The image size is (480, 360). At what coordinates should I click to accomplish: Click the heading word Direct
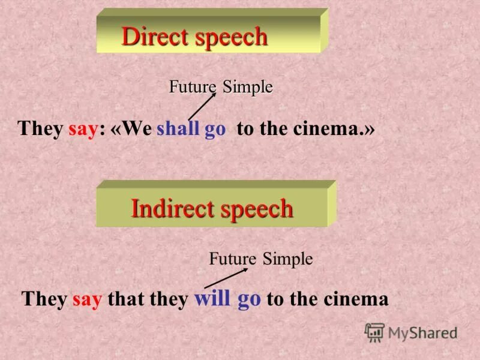click(x=154, y=37)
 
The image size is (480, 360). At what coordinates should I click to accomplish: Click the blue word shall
click(x=178, y=130)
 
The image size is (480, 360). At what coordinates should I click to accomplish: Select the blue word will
click(x=212, y=299)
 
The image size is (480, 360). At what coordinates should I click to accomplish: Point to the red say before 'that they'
click(x=88, y=299)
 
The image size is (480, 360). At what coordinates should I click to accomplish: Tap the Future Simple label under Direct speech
click(x=221, y=87)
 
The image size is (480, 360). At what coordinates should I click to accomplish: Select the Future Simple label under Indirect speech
click(x=260, y=259)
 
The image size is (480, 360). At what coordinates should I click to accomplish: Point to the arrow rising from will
click(x=226, y=278)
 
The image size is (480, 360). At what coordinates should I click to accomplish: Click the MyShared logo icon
click(x=374, y=332)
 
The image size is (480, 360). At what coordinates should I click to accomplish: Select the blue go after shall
click(x=215, y=130)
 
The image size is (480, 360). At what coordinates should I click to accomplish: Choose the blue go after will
click(x=249, y=299)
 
